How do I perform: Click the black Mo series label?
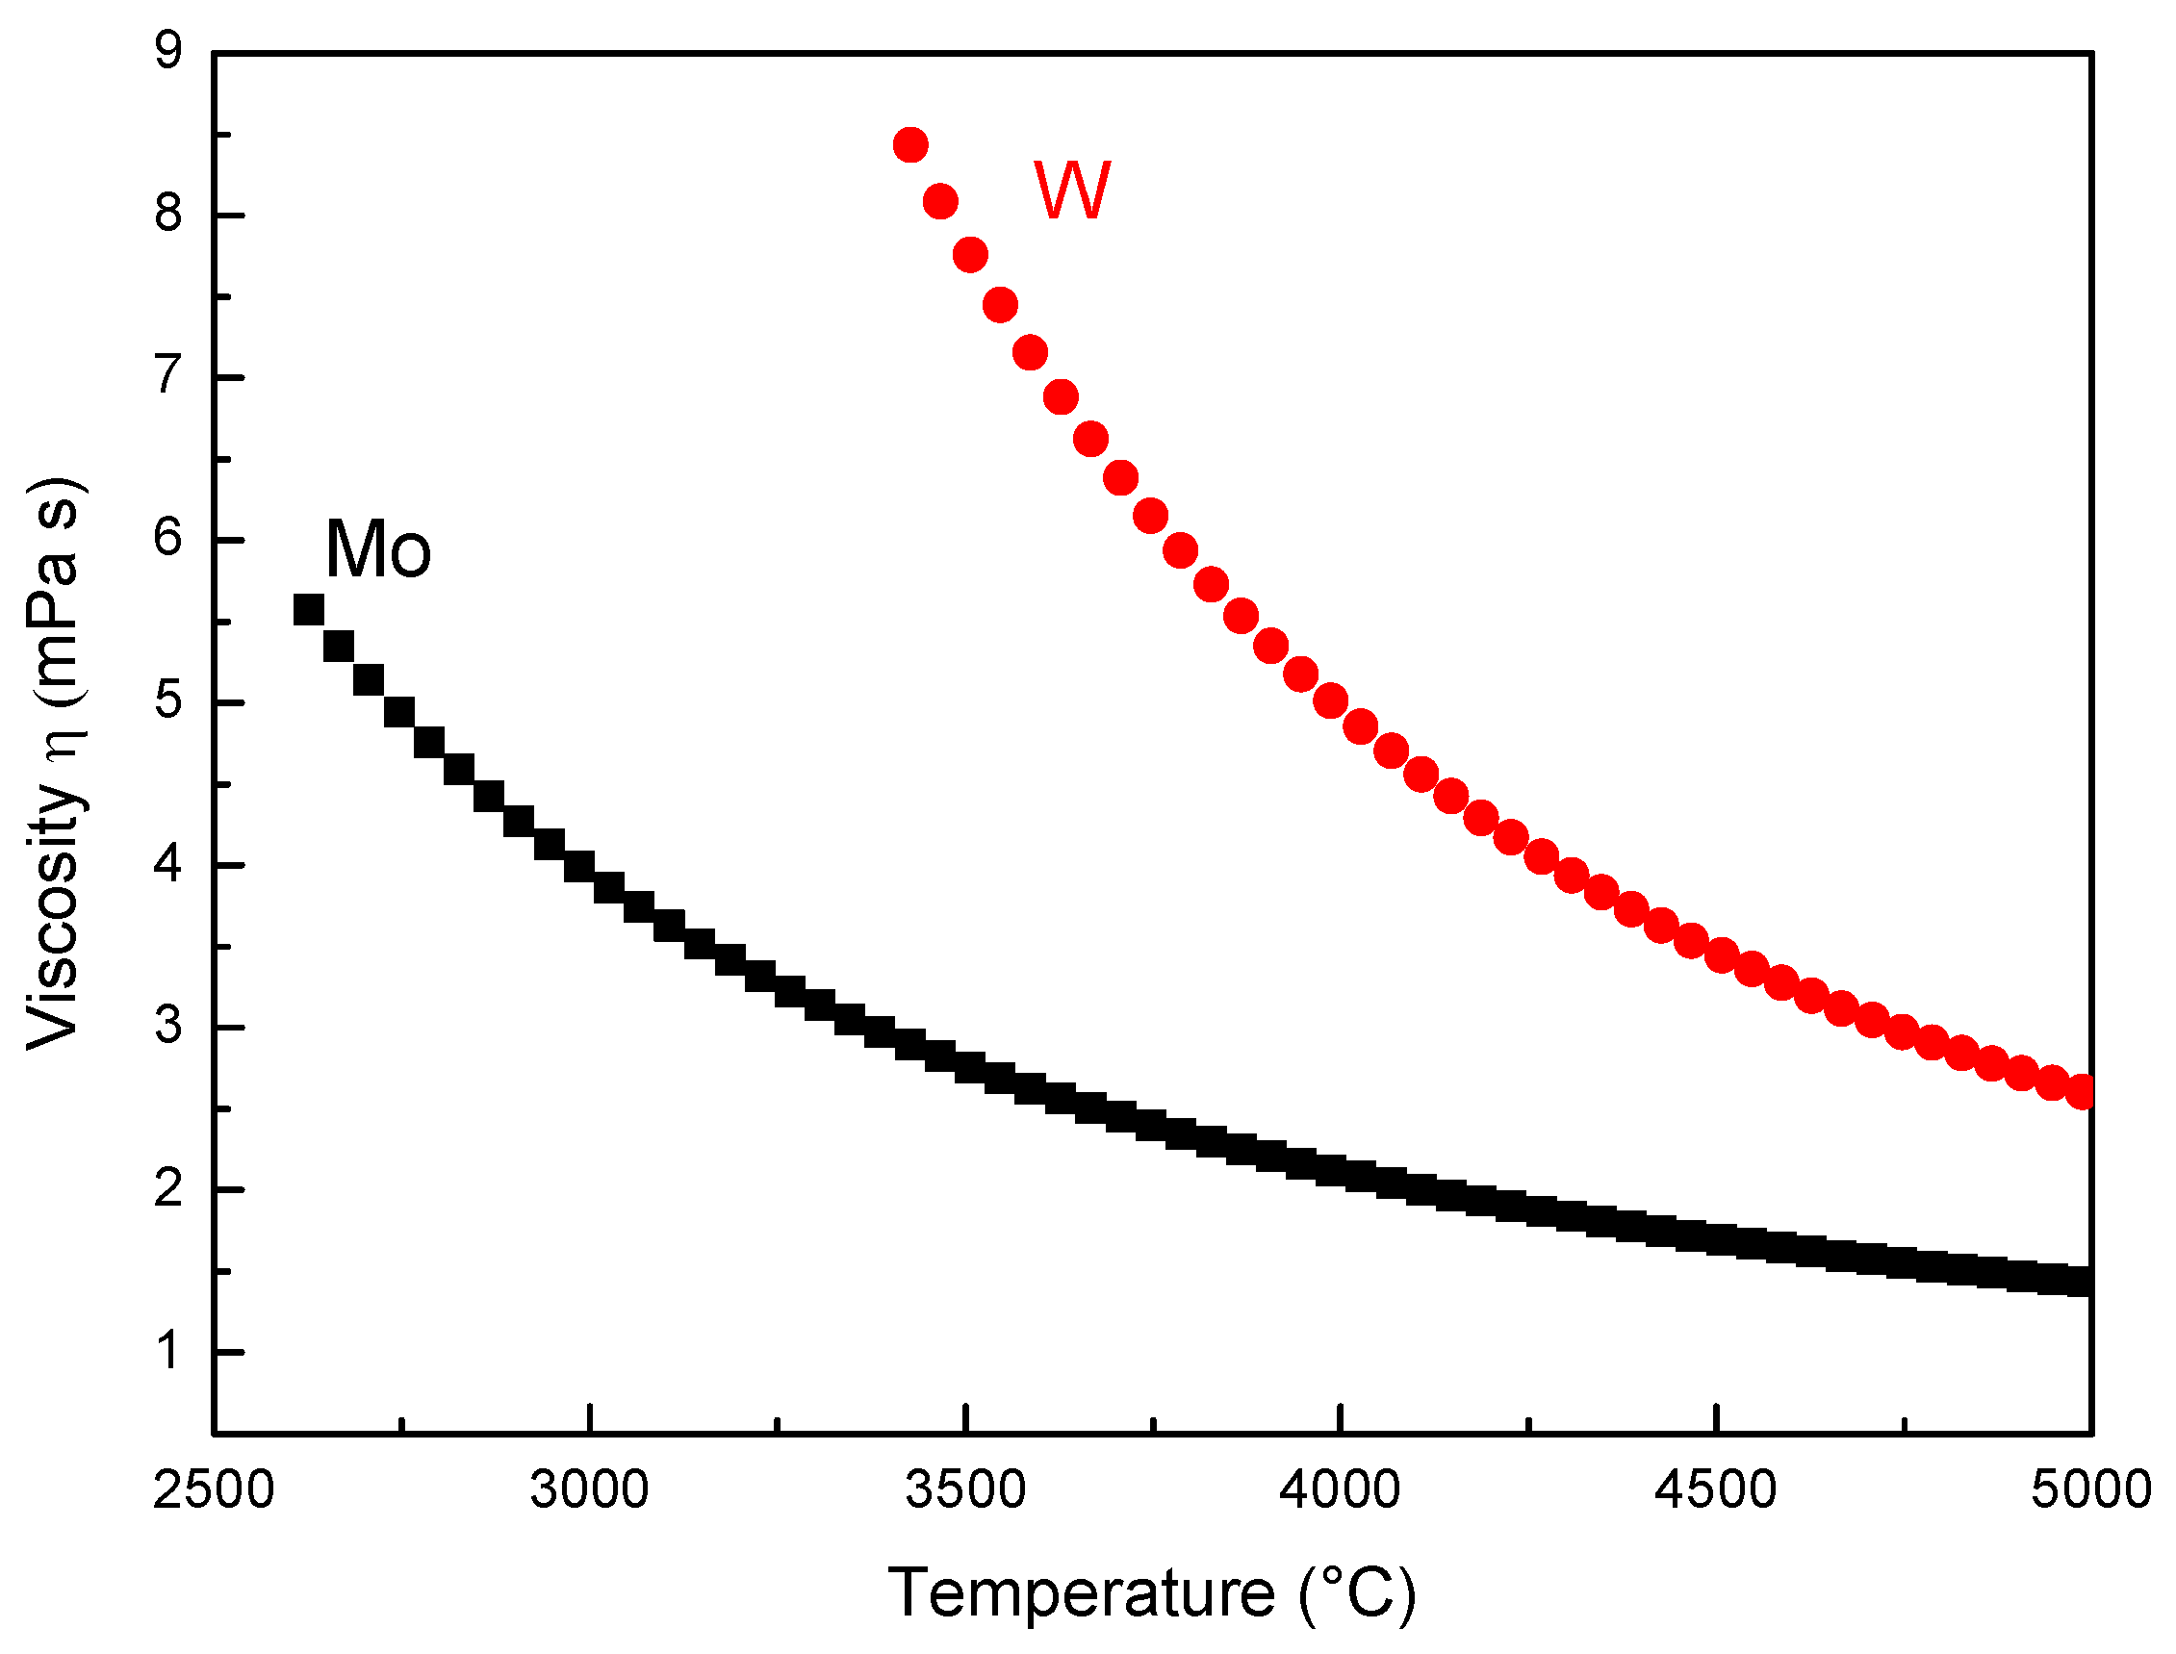(378, 549)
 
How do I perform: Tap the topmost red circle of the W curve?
(910, 145)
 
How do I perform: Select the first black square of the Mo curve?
(308, 610)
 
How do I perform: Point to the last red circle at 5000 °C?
(2081, 1092)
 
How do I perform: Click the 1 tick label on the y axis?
(168, 1352)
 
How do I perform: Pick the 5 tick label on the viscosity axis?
(168, 701)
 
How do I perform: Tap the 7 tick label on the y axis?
(168, 376)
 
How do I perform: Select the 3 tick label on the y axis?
(168, 1026)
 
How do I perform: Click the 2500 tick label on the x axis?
(213, 1489)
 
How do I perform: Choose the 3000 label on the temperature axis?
(589, 1489)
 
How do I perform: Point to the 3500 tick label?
(966, 1489)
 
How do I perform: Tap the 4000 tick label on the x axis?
(1340, 1489)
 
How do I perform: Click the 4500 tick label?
(1716, 1489)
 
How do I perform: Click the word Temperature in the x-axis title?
(1082, 1593)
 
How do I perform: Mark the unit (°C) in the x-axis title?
(1357, 1593)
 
